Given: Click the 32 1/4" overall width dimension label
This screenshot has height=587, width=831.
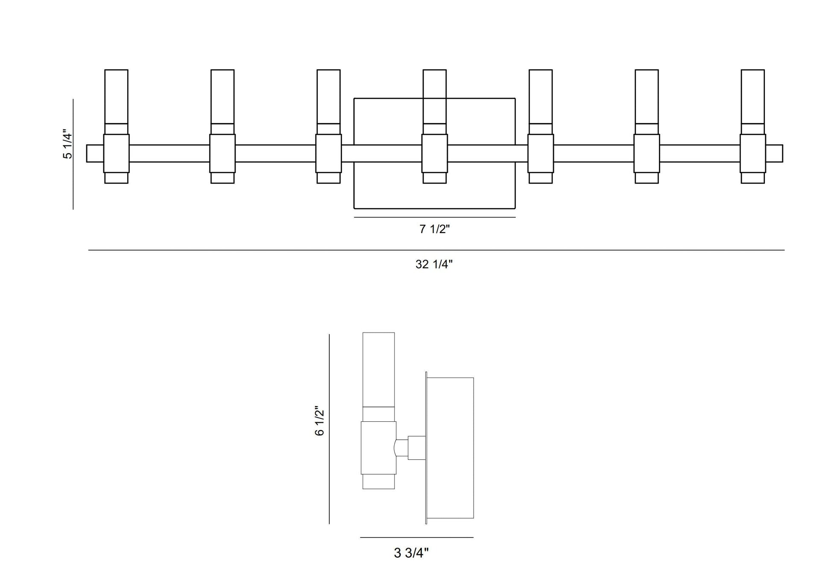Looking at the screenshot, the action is tap(434, 264).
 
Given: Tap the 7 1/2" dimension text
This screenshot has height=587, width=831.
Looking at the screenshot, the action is tap(434, 229).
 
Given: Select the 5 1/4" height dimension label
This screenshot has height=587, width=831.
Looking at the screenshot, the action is tap(68, 144).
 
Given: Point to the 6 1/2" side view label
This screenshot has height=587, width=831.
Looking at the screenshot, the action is tap(319, 421).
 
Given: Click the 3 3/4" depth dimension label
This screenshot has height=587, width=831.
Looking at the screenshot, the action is tap(411, 553).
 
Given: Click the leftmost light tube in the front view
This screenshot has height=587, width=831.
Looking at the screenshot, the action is tap(116, 96).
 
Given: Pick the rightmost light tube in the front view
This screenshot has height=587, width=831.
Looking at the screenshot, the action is tap(752, 96).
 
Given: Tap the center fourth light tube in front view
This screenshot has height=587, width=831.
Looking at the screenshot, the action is tap(434, 96).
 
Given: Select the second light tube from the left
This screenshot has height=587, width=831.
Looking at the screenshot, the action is tap(222, 96).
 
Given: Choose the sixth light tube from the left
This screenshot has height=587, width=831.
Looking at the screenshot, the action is tap(647, 96).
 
